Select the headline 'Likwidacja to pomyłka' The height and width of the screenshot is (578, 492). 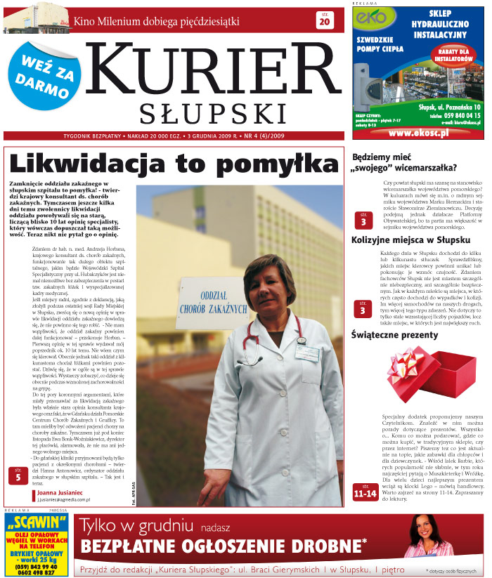pyautogui.click(x=174, y=163)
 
